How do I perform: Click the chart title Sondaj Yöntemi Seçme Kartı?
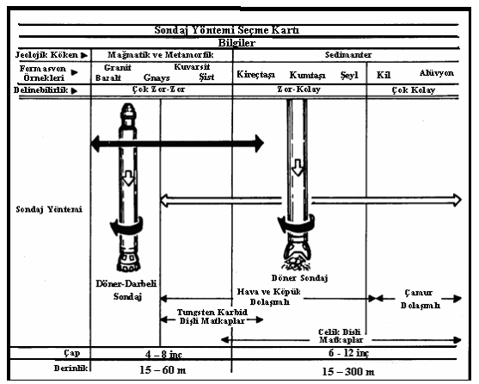pos(227,30)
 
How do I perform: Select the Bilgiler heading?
pos(236,42)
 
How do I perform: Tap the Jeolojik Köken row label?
pos(46,55)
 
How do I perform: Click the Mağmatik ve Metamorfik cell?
pos(161,55)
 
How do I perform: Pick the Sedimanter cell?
pos(348,55)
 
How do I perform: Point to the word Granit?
pos(118,67)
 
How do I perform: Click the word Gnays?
pos(157,78)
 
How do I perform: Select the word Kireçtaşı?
pos(256,75)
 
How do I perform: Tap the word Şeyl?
pos(349,75)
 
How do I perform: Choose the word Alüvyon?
pos(437,73)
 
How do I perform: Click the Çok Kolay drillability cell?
pos(414,90)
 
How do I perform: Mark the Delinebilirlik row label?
pos(40,90)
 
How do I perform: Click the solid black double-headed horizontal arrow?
pos(177,143)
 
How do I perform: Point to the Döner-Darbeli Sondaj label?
pos(126,290)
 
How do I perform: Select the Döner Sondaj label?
pos(299,278)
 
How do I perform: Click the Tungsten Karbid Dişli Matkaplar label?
pos(212,317)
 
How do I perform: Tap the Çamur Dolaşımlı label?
pos(421,299)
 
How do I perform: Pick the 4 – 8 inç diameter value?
pos(163,355)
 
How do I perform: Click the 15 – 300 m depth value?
pos(348,372)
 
